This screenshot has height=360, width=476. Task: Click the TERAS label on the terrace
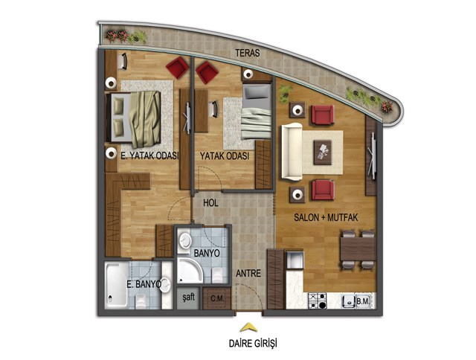point(248,53)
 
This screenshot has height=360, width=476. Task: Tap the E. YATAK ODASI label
point(149,156)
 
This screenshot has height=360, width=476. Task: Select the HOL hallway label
point(210,203)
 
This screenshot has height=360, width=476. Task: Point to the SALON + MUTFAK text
point(326,218)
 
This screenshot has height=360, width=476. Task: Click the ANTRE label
point(248,274)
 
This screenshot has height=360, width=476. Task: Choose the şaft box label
point(188,297)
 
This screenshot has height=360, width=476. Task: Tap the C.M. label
point(217,299)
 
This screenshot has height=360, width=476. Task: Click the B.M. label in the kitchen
point(363,301)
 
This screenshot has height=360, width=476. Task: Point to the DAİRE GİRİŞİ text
point(253,344)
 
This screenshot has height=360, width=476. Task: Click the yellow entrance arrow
point(248,327)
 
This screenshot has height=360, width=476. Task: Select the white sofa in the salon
point(292,152)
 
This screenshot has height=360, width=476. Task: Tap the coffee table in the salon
point(322,152)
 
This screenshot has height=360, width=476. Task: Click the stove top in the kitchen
point(318,300)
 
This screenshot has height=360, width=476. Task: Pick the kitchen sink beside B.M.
point(348,301)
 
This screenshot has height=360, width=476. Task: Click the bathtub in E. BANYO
point(117,285)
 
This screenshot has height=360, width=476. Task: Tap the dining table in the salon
point(358,249)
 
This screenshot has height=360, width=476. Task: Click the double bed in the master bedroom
point(134,117)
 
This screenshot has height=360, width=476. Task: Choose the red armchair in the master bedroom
point(177,68)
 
